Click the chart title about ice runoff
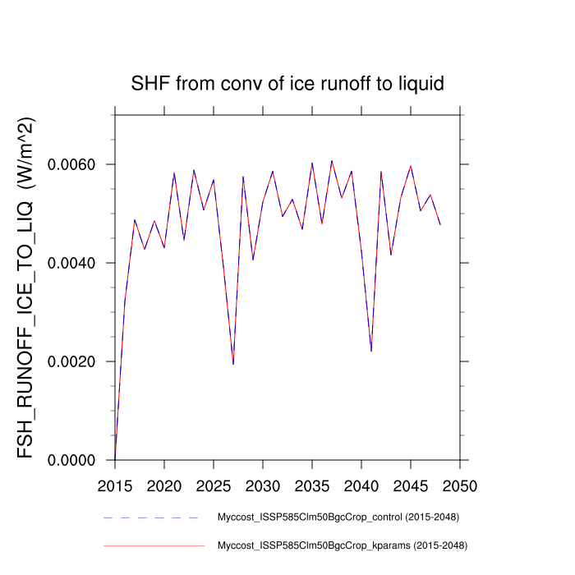pyautogui.click(x=287, y=84)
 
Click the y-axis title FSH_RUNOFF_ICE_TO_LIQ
pyautogui.click(x=26, y=287)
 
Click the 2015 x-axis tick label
pyautogui.click(x=115, y=485)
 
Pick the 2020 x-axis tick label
pyautogui.click(x=164, y=485)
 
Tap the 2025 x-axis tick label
pyautogui.click(x=214, y=485)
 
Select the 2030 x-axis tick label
pyautogui.click(x=263, y=485)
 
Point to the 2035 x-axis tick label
pyautogui.click(x=312, y=485)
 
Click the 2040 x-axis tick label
pyautogui.click(x=361, y=485)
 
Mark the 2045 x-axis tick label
pyautogui.click(x=411, y=485)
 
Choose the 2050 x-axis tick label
pyautogui.click(x=460, y=485)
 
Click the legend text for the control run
pyautogui.click(x=337, y=517)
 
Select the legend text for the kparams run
pyautogui.click(x=337, y=545)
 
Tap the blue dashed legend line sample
pyautogui.click(x=152, y=517)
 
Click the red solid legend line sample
pyautogui.click(x=152, y=545)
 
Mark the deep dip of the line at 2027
pyautogui.click(x=233, y=364)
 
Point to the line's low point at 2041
pyautogui.click(x=371, y=351)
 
